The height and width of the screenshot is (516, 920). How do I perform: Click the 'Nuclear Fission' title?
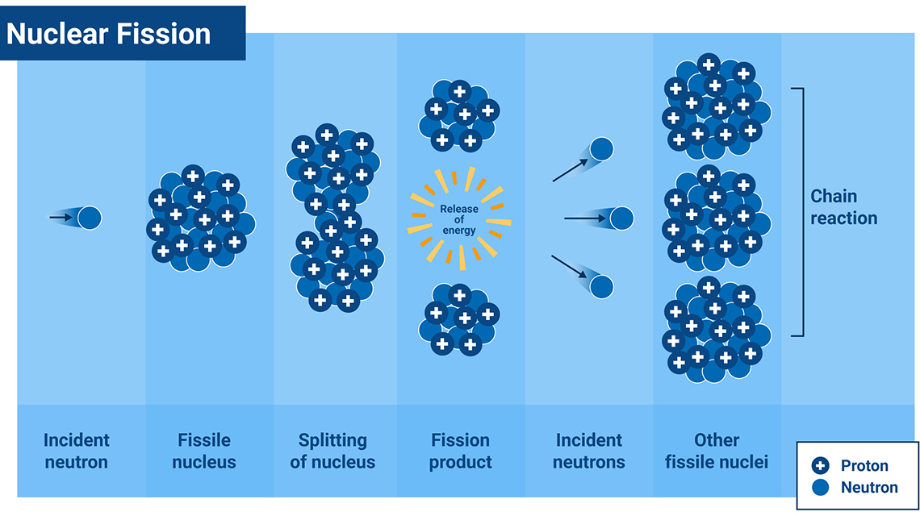click(109, 34)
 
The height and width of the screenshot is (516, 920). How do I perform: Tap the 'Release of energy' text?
click(458, 219)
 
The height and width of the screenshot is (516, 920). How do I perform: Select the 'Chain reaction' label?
click(843, 207)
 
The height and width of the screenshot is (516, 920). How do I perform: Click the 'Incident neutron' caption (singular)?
click(77, 451)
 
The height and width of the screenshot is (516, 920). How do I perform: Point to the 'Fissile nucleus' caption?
click(204, 451)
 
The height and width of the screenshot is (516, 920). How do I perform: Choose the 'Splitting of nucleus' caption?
click(332, 451)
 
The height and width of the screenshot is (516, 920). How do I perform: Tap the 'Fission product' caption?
click(460, 451)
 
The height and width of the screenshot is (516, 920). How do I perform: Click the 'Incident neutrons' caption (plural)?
click(588, 451)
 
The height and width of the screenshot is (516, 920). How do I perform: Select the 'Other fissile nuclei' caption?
click(717, 451)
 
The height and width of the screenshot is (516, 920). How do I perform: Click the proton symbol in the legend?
click(821, 465)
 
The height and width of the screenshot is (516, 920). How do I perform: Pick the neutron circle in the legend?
click(821, 487)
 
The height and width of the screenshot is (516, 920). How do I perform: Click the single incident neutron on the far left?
click(89, 217)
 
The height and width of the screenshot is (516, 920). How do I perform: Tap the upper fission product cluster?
click(458, 115)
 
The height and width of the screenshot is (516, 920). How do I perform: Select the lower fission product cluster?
click(458, 319)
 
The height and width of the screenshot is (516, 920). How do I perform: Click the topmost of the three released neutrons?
click(601, 149)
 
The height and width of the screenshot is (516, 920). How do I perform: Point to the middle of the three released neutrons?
click(621, 218)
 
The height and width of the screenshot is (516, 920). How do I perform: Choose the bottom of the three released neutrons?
click(602, 286)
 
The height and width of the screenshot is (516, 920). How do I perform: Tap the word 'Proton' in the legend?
click(864, 465)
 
